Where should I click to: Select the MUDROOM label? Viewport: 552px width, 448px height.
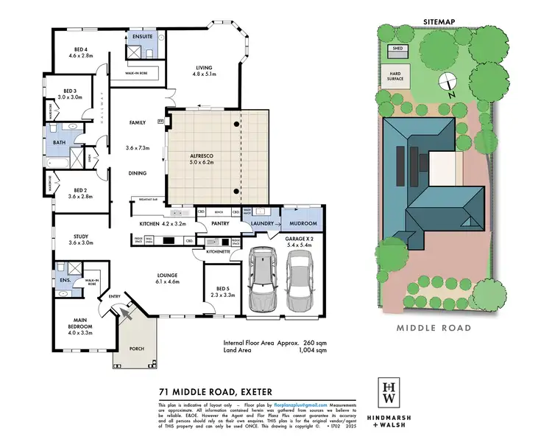click(x=303, y=223)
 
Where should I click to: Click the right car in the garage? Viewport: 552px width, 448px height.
click(x=299, y=281)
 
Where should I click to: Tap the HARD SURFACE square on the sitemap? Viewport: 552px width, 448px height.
click(x=395, y=76)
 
